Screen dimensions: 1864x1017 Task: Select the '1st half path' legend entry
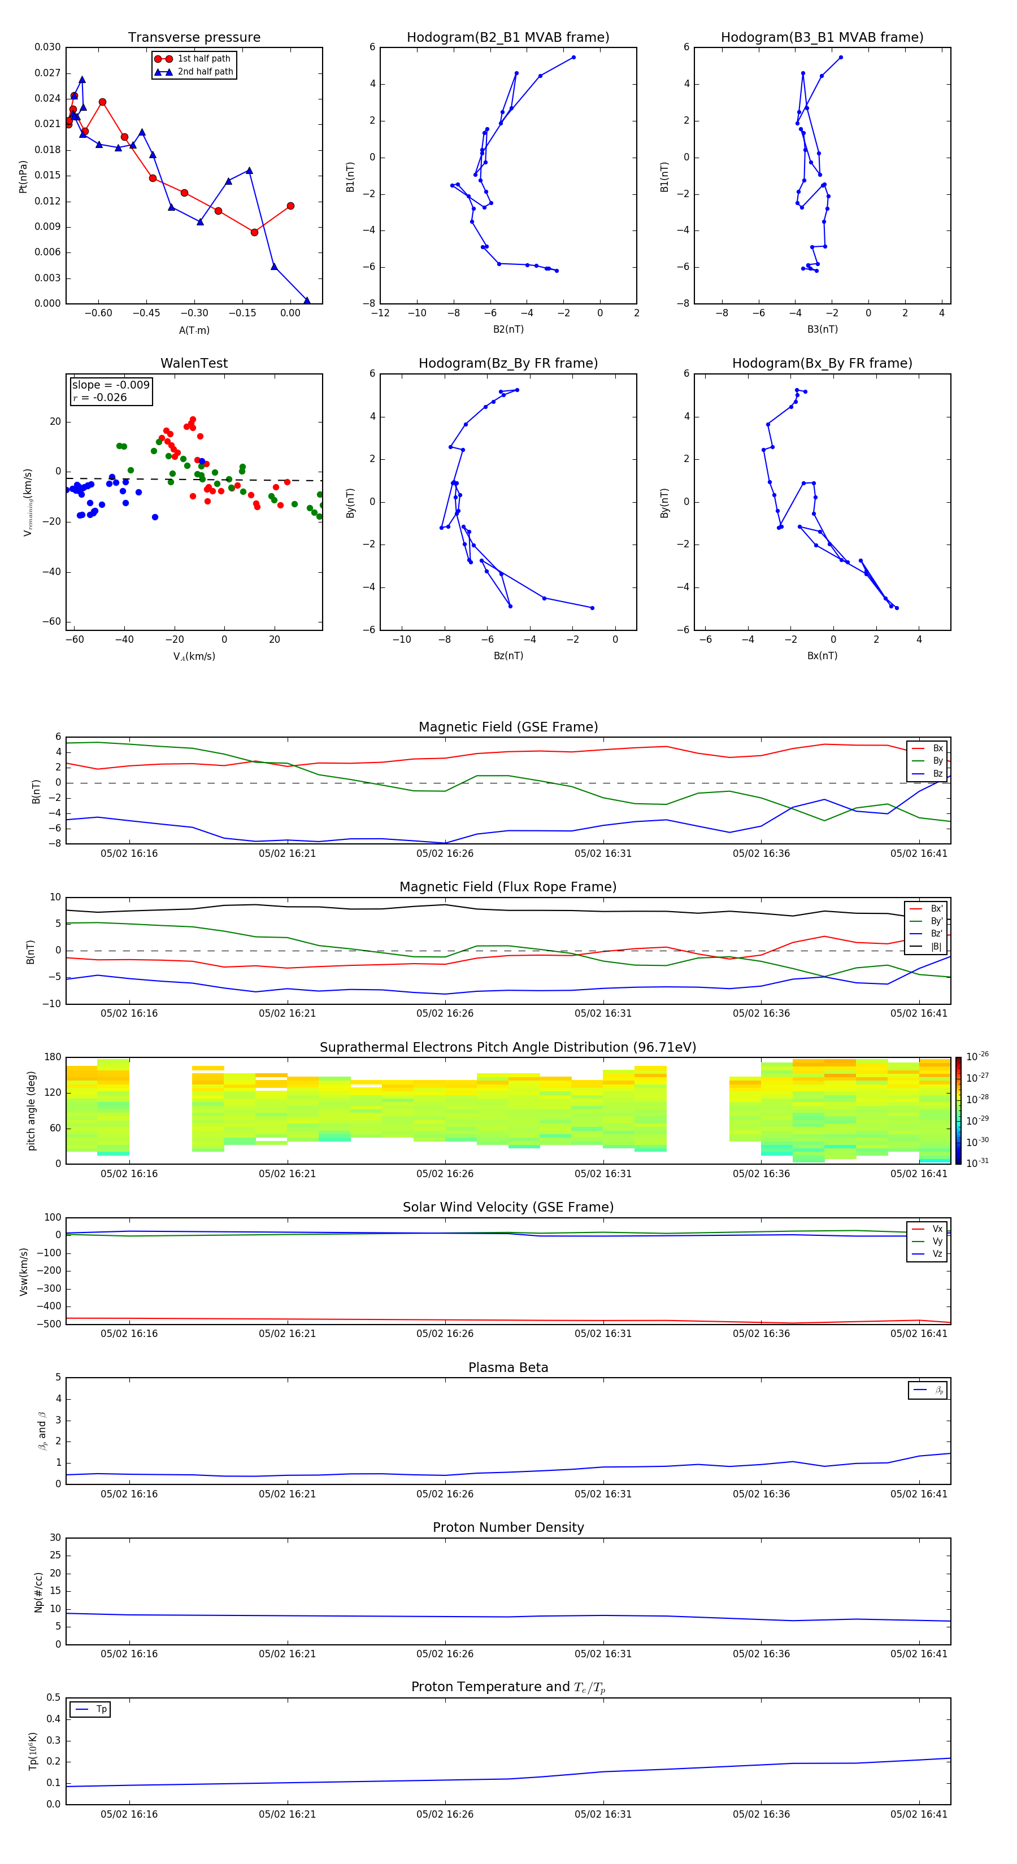click(x=203, y=59)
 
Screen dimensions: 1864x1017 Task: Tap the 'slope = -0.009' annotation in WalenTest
click(x=111, y=385)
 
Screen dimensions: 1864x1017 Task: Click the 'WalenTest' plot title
click(x=194, y=363)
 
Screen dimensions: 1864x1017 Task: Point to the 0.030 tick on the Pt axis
click(x=48, y=47)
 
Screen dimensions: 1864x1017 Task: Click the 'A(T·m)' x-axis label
click(x=194, y=330)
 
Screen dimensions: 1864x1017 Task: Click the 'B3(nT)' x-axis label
click(x=822, y=329)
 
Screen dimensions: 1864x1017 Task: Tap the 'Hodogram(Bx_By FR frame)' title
click(x=822, y=363)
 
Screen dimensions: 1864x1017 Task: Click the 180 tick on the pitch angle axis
click(x=53, y=1057)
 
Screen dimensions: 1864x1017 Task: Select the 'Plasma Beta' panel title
click(x=508, y=1367)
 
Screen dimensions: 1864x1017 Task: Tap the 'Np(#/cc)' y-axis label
click(x=38, y=1592)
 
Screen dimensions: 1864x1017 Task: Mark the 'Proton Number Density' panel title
click(x=508, y=1527)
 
